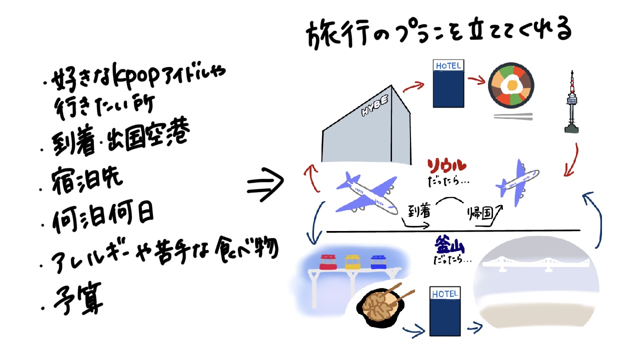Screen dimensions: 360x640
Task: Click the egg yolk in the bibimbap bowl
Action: pyautogui.click(x=511, y=86)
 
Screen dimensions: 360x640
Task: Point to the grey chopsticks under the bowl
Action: pyautogui.click(x=513, y=116)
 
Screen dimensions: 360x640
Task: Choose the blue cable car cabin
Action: pyautogui.click(x=378, y=261)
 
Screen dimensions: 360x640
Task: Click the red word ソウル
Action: pyautogui.click(x=447, y=165)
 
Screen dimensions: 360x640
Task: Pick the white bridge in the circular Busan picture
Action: pyautogui.click(x=537, y=263)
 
